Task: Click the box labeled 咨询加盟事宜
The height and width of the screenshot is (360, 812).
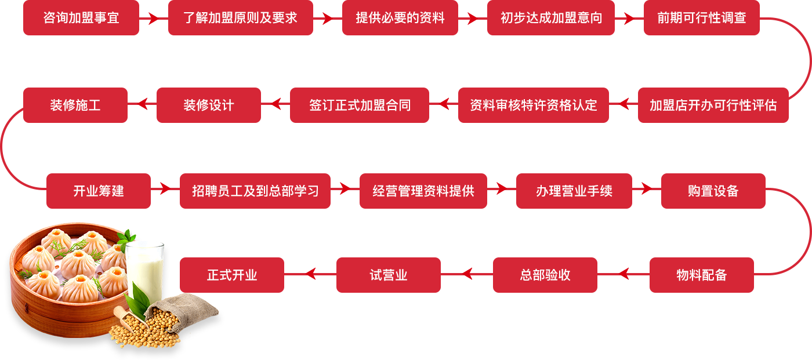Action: pos(81,18)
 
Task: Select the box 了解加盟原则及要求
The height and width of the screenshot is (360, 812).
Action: pos(240,18)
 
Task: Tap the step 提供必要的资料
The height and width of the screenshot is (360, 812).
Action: pos(400,18)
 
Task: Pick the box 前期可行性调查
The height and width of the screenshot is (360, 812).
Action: pos(701,18)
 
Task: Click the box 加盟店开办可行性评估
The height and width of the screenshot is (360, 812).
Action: pos(713,106)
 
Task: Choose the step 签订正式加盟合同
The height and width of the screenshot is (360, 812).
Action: pos(359,106)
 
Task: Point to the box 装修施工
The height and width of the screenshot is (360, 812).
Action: pos(75,106)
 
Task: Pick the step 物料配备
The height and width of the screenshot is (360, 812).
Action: pos(701,275)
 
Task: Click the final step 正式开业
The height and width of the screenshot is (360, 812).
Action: pos(231,275)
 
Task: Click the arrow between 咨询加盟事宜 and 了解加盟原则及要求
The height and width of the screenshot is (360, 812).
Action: pos(153,19)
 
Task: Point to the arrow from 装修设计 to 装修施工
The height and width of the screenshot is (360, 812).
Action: pos(142,104)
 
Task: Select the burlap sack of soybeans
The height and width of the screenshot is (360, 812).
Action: pos(188,310)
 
